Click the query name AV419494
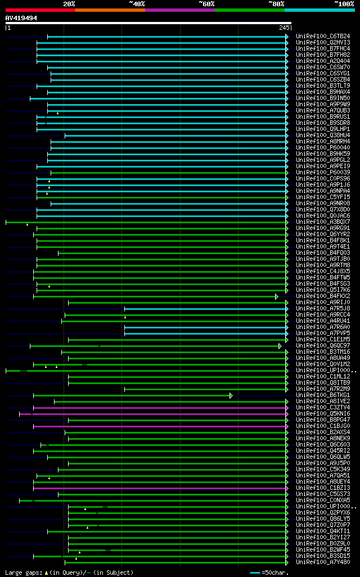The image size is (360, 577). point(21,18)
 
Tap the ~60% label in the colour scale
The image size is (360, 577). point(206,3)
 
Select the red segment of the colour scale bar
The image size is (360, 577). point(40,10)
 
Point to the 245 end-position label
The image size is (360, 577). point(284,28)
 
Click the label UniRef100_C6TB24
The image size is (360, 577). point(322,37)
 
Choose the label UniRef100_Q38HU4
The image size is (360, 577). point(322,136)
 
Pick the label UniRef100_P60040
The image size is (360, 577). point(322,148)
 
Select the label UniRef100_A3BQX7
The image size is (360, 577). point(322,222)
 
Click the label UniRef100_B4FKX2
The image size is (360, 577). point(322,296)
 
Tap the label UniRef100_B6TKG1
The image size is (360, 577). point(322,395)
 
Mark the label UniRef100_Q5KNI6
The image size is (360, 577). point(322,414)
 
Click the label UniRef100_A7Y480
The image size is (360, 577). point(322,562)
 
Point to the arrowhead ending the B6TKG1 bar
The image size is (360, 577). point(231,395)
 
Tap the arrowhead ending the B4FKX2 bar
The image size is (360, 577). point(276,296)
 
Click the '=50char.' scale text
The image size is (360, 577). point(275,573)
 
